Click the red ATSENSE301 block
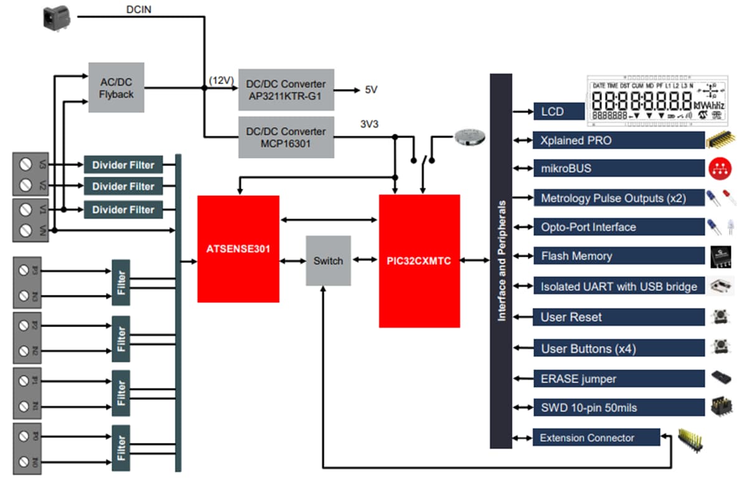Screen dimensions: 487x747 238,249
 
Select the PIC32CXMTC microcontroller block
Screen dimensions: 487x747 419,261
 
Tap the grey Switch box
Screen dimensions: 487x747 328,261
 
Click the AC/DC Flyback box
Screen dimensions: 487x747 116,87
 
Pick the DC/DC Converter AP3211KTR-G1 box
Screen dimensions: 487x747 286,90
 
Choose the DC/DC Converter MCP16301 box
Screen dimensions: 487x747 286,137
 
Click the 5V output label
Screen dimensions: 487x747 371,90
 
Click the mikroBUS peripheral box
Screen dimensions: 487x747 618,169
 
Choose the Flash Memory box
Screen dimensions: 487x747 618,256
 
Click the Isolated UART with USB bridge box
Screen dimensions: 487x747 618,286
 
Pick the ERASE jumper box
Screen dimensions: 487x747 618,378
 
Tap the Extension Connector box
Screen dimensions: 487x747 596,437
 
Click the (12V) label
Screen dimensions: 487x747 221,80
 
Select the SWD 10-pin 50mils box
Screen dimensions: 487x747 618,408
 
